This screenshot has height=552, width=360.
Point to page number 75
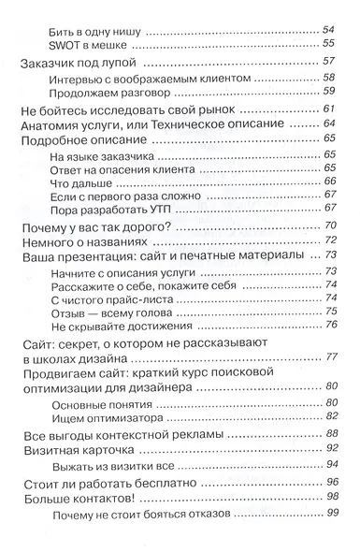pos(329,315)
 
